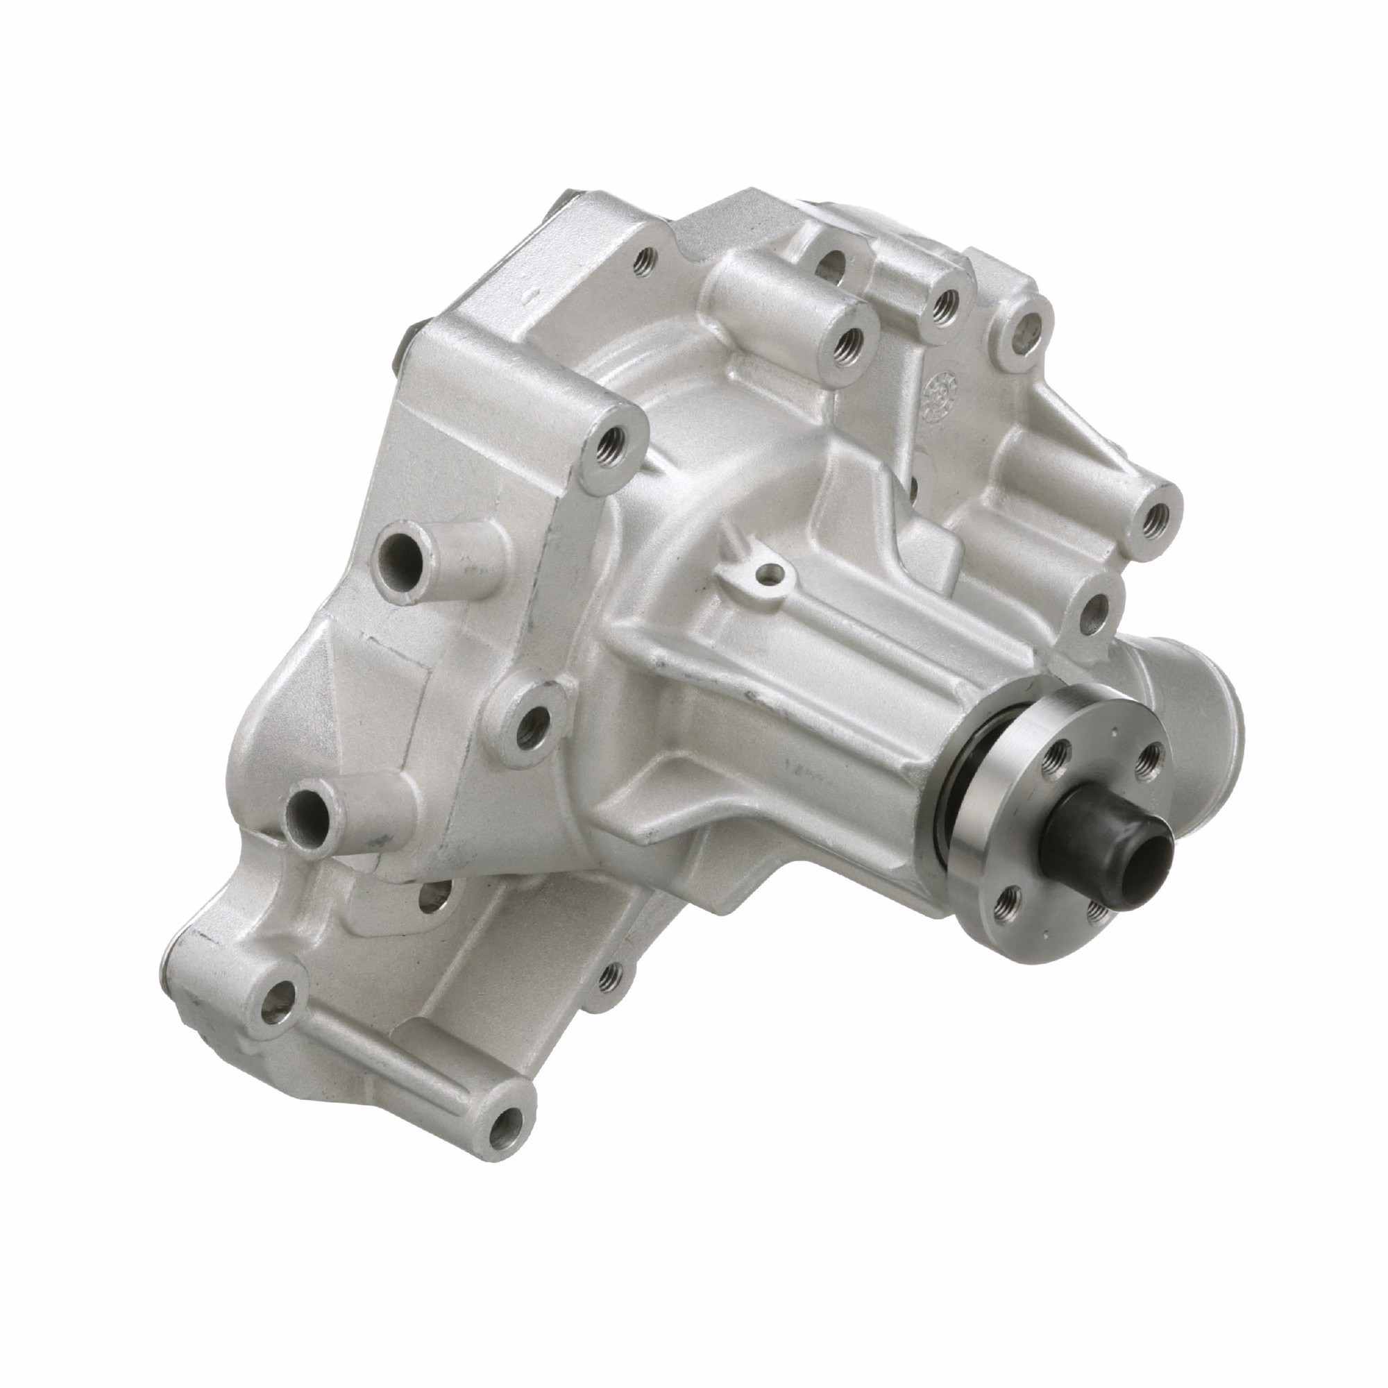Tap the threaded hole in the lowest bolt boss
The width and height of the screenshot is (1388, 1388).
[509, 1137]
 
